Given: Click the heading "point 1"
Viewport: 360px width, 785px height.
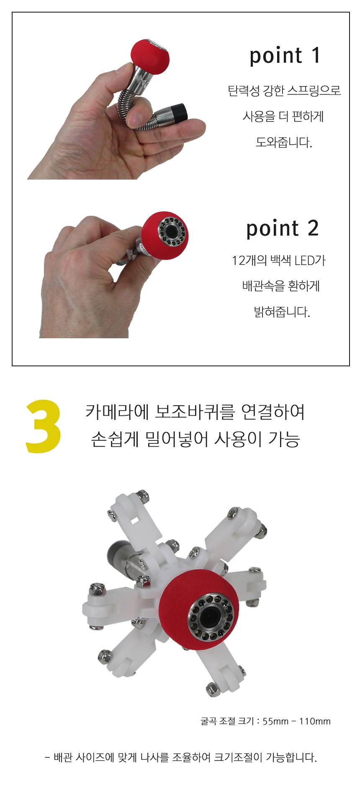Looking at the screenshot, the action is click(285, 56).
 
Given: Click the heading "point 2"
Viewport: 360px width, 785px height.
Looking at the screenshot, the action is click(283, 229).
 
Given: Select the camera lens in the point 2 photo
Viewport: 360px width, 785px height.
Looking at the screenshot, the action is click(171, 230).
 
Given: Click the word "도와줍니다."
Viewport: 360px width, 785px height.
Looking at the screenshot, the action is click(284, 142).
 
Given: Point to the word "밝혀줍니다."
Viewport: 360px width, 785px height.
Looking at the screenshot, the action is click(282, 312).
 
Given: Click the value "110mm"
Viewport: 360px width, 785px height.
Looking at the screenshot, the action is click(314, 721).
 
